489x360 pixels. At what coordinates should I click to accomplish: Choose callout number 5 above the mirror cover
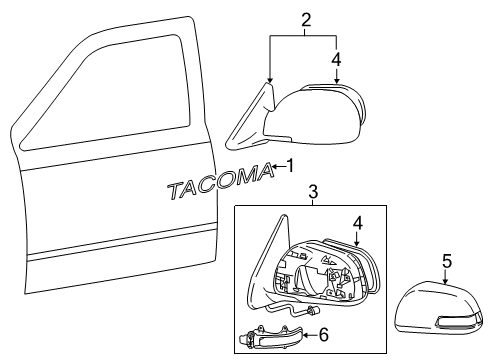(447, 261)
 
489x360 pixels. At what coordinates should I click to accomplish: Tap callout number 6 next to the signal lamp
(322, 335)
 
